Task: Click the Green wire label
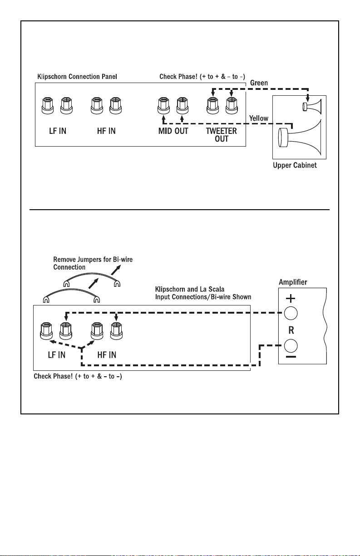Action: tap(259, 83)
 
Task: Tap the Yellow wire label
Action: tap(259, 118)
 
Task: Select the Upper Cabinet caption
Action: tap(295, 165)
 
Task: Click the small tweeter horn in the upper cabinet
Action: tap(312, 107)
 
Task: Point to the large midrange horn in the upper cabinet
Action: tap(300, 137)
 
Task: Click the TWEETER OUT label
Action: tap(221, 135)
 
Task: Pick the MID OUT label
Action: tap(173, 131)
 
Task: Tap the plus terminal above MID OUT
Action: tap(182, 106)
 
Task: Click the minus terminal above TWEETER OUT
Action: tap(213, 106)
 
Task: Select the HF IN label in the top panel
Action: tap(106, 131)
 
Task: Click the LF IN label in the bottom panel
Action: tap(57, 355)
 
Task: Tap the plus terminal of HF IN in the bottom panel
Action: tap(116, 331)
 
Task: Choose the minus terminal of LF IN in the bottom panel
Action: tap(46, 331)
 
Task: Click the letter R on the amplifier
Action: tap(291, 330)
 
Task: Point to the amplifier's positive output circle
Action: tap(291, 313)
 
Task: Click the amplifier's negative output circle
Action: tap(291, 345)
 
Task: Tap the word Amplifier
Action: tap(293, 282)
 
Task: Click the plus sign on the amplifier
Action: tap(291, 298)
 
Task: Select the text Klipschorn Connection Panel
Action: tap(77, 76)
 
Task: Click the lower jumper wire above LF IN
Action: tap(72, 290)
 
